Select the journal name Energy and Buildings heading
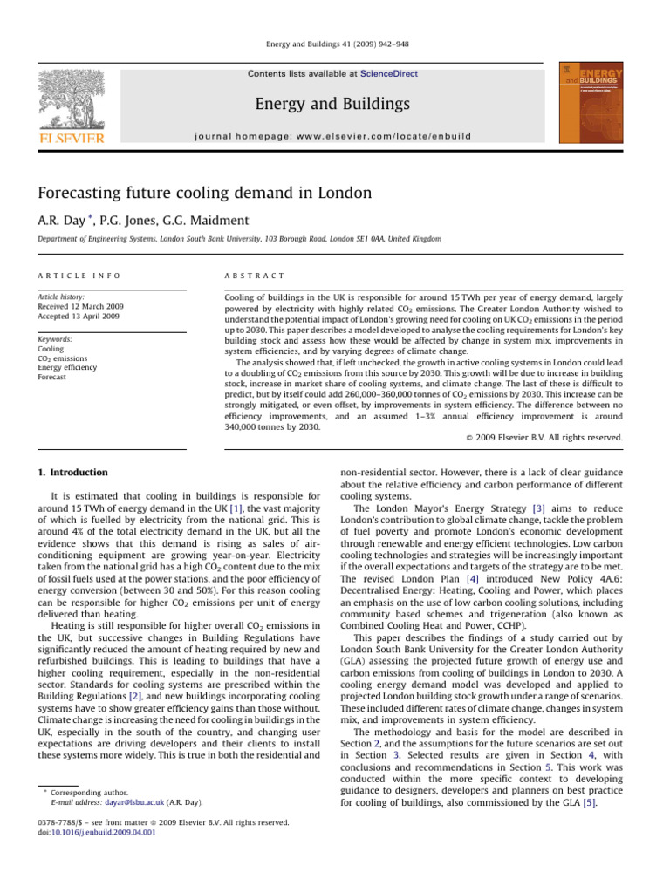(332, 105)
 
